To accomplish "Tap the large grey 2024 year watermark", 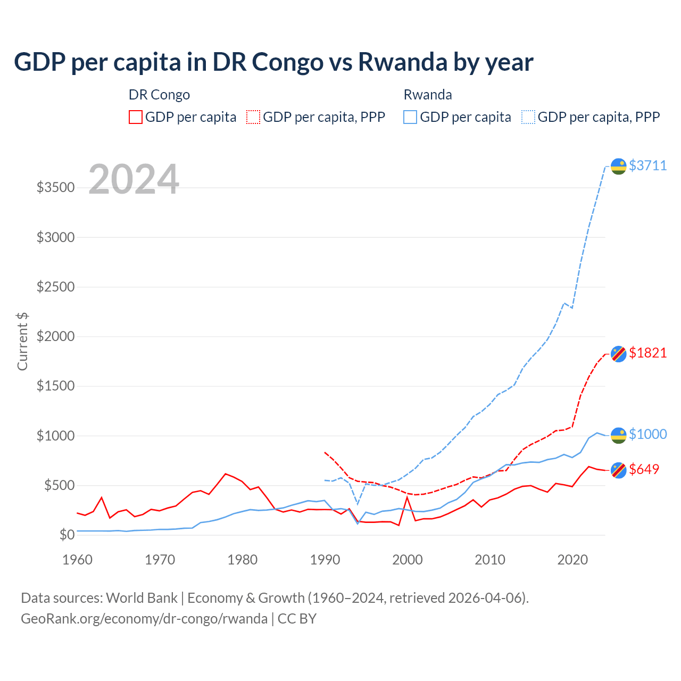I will tap(134, 179).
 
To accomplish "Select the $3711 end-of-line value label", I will tap(647, 165).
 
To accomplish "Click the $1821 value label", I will tap(647, 353).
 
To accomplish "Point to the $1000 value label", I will tap(647, 434).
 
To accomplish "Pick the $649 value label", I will tap(644, 469).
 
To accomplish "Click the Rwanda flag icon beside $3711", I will tap(618, 167).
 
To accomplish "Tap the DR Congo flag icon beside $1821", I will tap(618, 353).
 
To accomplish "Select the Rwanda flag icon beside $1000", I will tap(618, 435).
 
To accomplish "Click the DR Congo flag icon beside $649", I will tap(618, 470).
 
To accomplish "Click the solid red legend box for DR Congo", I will tap(136, 117).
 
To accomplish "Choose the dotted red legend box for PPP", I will tap(253, 117).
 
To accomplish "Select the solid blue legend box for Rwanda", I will tap(410, 117).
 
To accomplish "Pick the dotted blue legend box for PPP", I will tap(528, 117).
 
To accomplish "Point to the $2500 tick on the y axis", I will tap(55, 287).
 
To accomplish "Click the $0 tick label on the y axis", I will tap(67, 535).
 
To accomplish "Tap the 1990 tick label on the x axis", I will tap(325, 560).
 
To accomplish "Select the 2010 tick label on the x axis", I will tap(489, 560).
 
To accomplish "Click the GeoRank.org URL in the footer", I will tap(144, 619).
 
